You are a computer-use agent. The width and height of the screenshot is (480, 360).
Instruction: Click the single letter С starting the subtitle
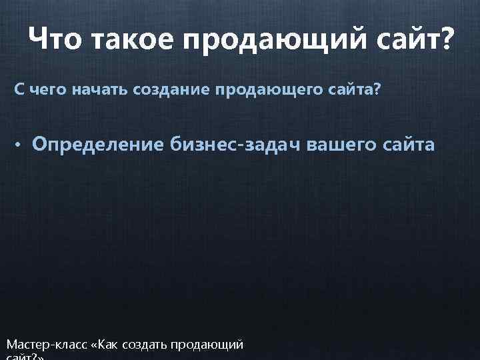pyautogui.click(x=20, y=89)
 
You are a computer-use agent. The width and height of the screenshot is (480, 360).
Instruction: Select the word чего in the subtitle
pyautogui.click(x=45, y=89)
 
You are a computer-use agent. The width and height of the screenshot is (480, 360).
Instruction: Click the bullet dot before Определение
pyautogui.click(x=21, y=145)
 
